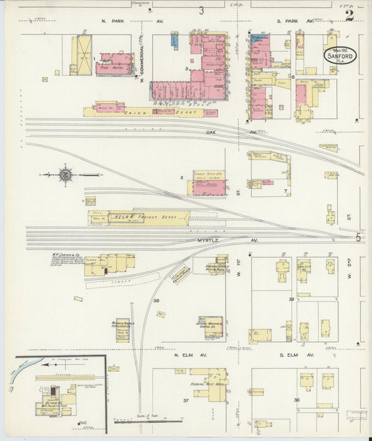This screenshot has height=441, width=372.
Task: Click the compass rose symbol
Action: pos(65,174)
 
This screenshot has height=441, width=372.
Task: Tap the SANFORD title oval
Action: pos(339,55)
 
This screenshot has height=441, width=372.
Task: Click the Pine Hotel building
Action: pos(114,65)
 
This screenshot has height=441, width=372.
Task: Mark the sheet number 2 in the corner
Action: pos(349,15)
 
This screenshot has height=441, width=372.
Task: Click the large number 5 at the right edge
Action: pos(359,238)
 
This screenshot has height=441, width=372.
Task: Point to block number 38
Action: pos(156,301)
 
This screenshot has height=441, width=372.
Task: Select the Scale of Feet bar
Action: pos(149,421)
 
